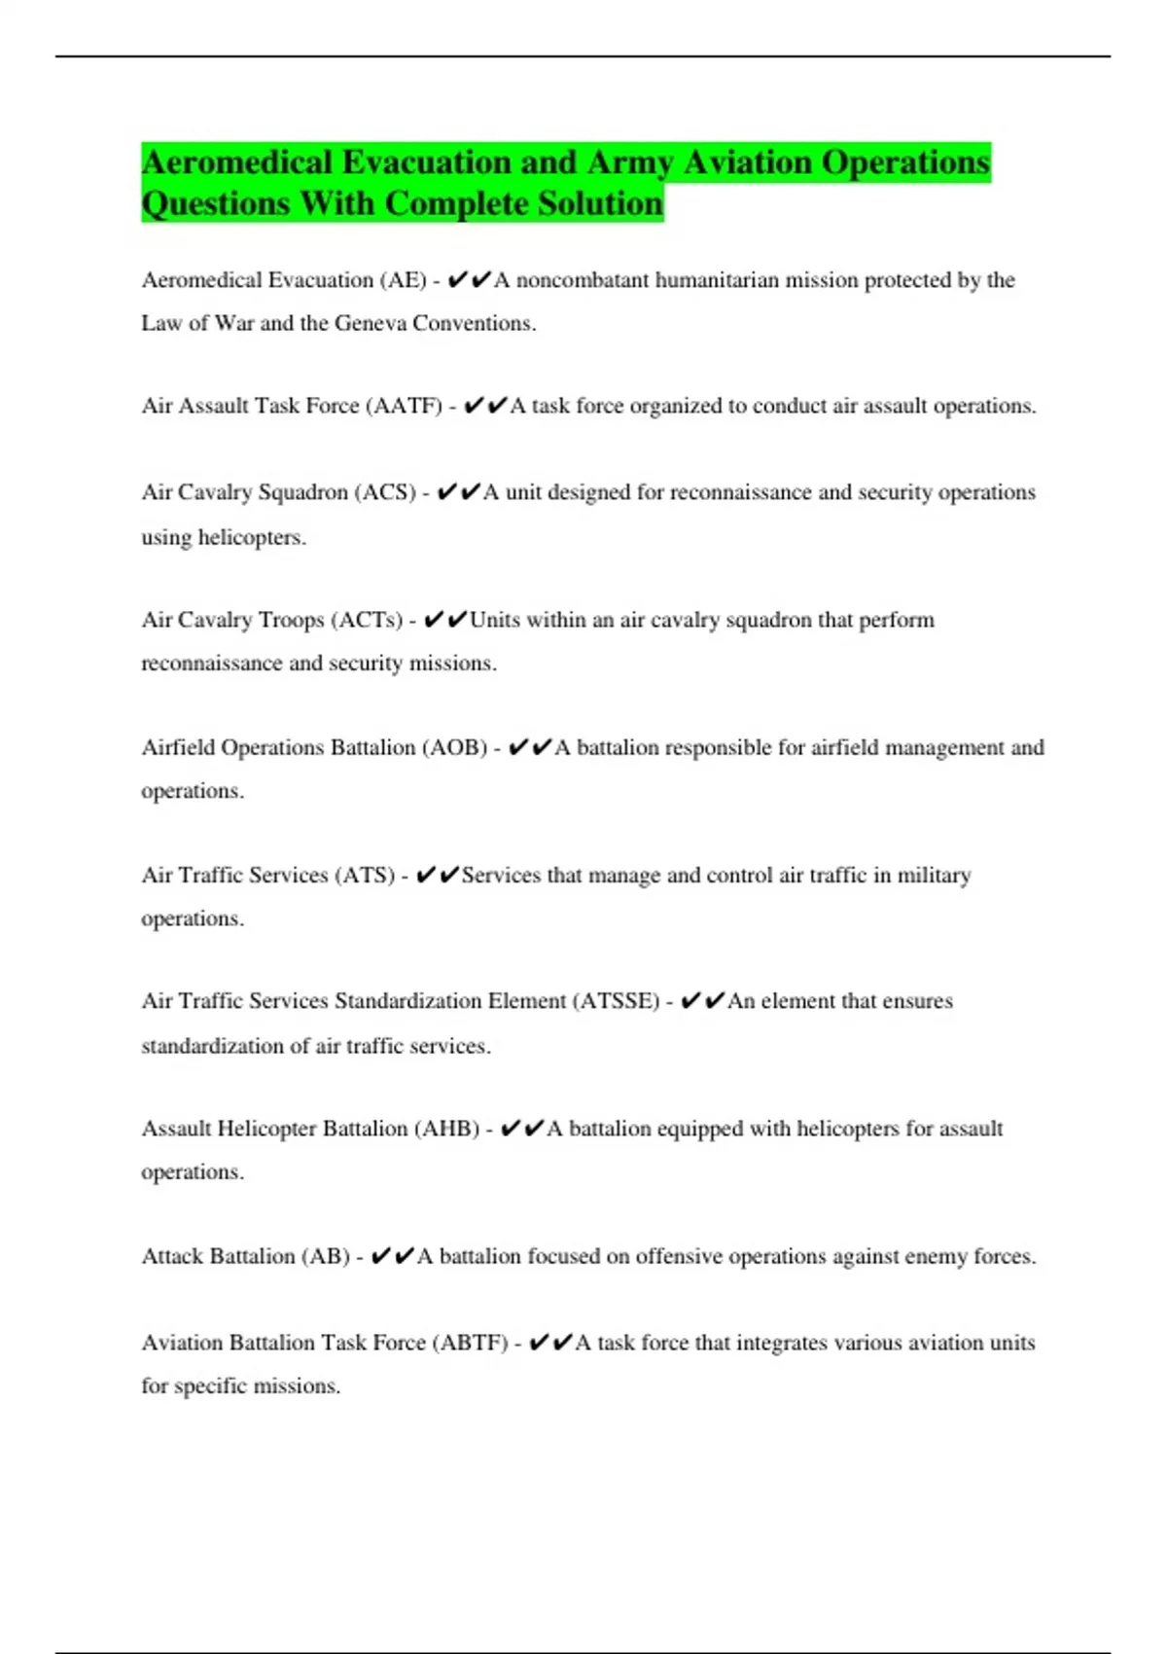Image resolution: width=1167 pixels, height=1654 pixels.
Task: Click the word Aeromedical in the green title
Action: click(x=237, y=162)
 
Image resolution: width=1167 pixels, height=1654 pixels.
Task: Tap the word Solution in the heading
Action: click(x=600, y=204)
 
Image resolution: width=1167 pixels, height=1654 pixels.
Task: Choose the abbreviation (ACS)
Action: click(x=387, y=492)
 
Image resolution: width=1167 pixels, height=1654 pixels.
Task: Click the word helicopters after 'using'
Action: click(x=252, y=537)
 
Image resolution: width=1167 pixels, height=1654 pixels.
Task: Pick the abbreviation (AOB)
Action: click(x=454, y=747)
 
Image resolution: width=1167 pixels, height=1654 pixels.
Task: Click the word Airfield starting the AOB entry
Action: click(x=178, y=747)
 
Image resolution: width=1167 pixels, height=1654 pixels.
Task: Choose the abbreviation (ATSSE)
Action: click(x=616, y=1001)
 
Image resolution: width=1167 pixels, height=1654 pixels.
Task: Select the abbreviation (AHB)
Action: click(x=446, y=1129)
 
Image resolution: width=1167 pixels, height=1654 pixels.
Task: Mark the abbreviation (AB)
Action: click(x=325, y=1256)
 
